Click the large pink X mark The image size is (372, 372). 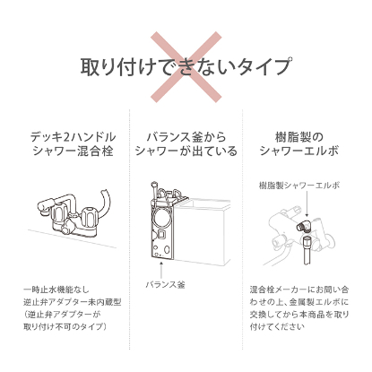[x=186, y=67]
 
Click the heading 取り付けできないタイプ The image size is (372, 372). [x=186, y=66]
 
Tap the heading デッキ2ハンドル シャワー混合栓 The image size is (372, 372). [x=73, y=144]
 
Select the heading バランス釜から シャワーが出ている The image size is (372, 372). [x=186, y=144]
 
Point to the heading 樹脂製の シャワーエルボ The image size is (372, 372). [x=299, y=144]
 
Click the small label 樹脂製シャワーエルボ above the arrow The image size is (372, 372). [x=299, y=186]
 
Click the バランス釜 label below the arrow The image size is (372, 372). [x=165, y=284]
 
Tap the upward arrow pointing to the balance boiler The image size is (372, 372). [x=161, y=270]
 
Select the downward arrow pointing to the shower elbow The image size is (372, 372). [x=307, y=203]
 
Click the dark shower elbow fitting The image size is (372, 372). [x=303, y=226]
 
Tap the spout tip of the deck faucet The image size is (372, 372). [x=44, y=211]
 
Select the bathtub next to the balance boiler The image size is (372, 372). [x=203, y=230]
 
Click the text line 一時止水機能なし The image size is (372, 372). [x=56, y=290]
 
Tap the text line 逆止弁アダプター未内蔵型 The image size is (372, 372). [x=73, y=302]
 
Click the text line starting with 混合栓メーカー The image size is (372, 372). [x=299, y=290]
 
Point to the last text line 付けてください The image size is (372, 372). [x=277, y=326]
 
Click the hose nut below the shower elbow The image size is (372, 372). [x=307, y=241]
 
